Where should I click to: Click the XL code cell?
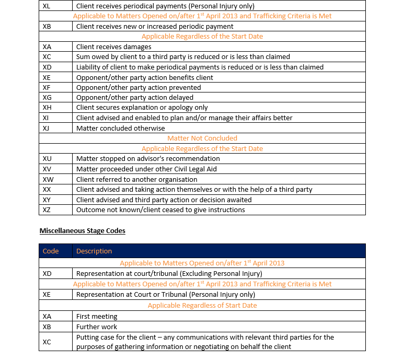(x=47, y=6)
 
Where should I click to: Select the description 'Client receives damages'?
(x=113, y=47)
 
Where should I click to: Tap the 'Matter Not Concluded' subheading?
(x=202, y=138)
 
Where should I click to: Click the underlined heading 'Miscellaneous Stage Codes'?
(x=82, y=230)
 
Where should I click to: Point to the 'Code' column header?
(x=51, y=251)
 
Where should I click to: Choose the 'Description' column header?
(x=94, y=251)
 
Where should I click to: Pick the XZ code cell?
(x=47, y=210)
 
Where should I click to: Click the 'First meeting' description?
(x=97, y=316)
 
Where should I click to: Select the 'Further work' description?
(x=97, y=327)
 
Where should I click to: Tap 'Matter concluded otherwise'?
(x=120, y=128)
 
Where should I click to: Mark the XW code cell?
(x=48, y=179)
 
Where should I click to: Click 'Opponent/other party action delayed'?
(x=135, y=97)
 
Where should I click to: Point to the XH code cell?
(x=47, y=108)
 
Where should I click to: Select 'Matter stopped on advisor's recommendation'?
(x=148, y=159)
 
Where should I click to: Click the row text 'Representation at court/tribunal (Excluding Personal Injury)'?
(x=169, y=273)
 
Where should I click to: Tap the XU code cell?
(x=47, y=159)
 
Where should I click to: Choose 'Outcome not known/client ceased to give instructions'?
(x=160, y=210)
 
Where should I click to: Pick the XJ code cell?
(x=47, y=128)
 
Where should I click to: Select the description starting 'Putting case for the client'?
(x=205, y=342)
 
